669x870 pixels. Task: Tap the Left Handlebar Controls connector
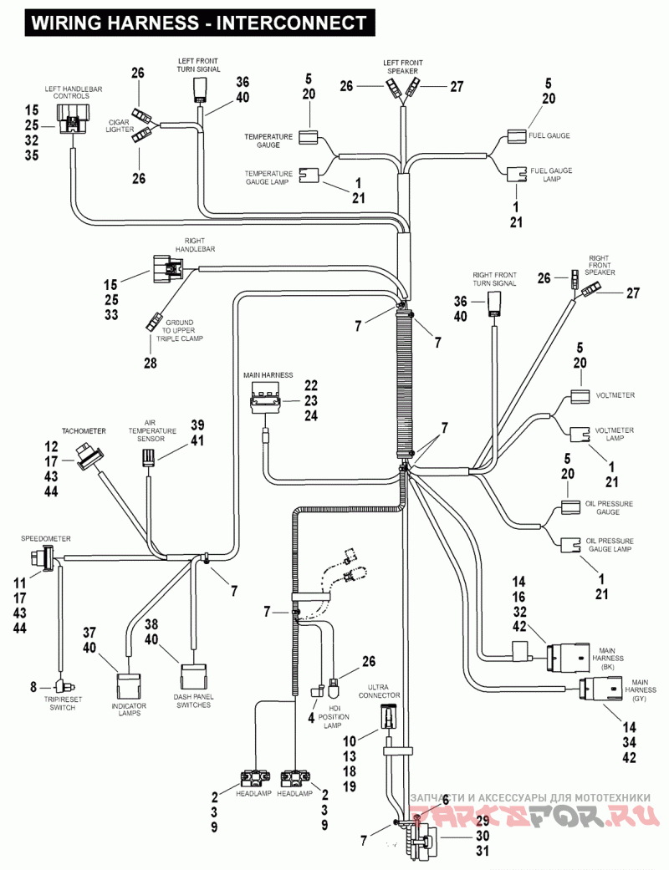(x=73, y=126)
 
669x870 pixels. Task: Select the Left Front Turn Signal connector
(x=202, y=88)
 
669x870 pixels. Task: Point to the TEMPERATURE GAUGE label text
(x=268, y=140)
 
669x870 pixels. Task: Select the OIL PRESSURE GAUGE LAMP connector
(x=569, y=544)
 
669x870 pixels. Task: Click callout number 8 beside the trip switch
(x=33, y=687)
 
